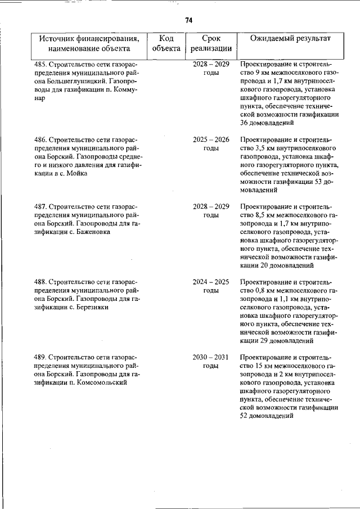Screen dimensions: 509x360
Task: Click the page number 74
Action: [x=188, y=20]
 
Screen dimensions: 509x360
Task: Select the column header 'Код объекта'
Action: [x=166, y=43]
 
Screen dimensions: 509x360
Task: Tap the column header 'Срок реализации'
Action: [x=211, y=43]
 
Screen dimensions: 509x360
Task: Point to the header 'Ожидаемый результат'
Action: [x=290, y=38]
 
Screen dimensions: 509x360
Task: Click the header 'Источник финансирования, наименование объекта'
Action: [x=89, y=43]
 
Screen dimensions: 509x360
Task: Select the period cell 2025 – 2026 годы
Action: [x=211, y=143]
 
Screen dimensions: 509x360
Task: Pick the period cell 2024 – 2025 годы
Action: [x=211, y=286]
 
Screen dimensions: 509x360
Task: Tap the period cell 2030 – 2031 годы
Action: [x=211, y=362]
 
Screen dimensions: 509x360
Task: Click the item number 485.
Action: [x=40, y=65]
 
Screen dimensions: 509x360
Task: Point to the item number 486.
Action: [x=40, y=139]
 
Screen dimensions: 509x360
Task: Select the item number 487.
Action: [x=40, y=206]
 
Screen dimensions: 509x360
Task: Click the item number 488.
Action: [x=40, y=282]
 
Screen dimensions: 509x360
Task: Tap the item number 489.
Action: [x=40, y=358]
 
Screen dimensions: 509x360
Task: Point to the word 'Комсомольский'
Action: [x=97, y=383]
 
